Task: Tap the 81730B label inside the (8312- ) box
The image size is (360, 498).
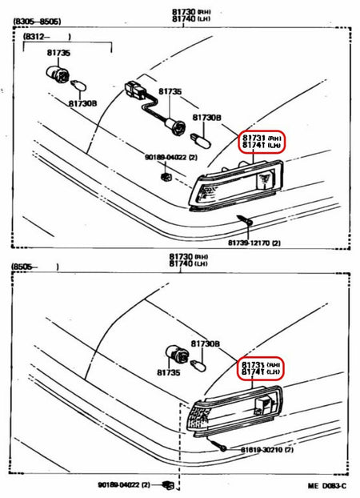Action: [x=82, y=103]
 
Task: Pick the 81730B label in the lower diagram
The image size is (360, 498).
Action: [x=206, y=343]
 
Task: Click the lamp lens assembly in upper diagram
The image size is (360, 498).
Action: [x=236, y=186]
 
